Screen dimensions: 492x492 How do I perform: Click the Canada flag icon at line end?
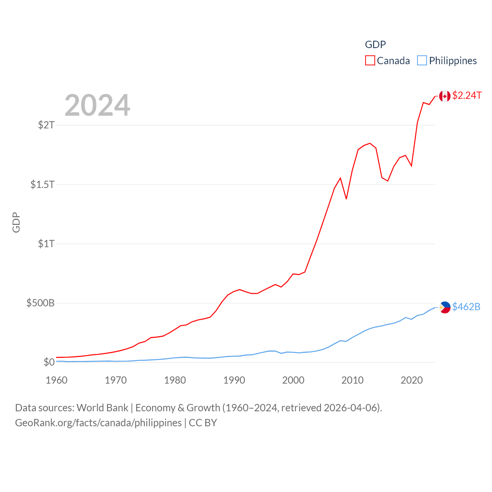click(445, 96)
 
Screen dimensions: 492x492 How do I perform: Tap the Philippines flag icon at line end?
click(445, 307)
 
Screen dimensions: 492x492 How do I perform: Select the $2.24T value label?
click(467, 95)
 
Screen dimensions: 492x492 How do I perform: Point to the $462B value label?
click(466, 307)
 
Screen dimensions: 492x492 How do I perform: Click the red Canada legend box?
click(370, 61)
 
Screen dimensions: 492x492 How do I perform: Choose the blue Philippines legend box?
click(422, 61)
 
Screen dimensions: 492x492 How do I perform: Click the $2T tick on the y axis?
click(46, 125)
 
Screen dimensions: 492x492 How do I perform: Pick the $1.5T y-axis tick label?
click(43, 184)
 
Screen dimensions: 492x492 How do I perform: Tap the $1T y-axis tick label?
click(46, 244)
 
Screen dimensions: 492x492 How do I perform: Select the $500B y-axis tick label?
click(40, 303)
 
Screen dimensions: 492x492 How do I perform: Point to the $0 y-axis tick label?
click(49, 362)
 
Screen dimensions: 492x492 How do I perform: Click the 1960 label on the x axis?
click(57, 380)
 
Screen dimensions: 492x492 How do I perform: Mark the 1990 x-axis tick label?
click(234, 380)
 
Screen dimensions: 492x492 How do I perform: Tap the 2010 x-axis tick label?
click(352, 380)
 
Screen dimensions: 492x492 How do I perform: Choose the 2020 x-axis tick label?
click(412, 380)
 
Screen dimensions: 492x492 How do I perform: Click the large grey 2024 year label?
click(97, 105)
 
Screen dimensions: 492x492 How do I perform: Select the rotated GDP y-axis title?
click(16, 222)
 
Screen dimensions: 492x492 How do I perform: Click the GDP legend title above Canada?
click(375, 45)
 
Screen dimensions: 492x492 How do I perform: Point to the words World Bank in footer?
click(102, 407)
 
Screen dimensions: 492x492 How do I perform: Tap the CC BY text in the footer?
click(203, 423)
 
